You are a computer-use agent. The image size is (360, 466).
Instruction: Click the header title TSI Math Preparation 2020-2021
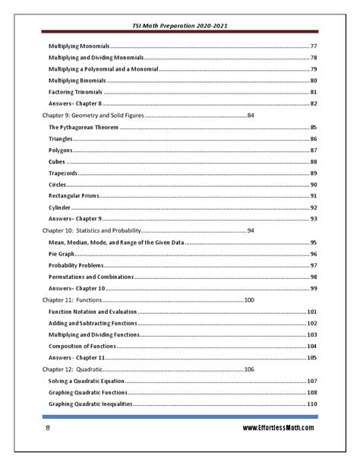181,25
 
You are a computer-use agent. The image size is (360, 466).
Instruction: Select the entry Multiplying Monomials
81,47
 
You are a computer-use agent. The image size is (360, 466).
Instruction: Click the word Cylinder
61,208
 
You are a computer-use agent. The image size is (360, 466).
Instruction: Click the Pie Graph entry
63,253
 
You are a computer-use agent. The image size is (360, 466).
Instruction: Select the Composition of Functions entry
86,346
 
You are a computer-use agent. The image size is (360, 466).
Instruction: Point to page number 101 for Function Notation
311,312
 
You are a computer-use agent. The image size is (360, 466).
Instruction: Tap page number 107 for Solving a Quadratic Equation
311,381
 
